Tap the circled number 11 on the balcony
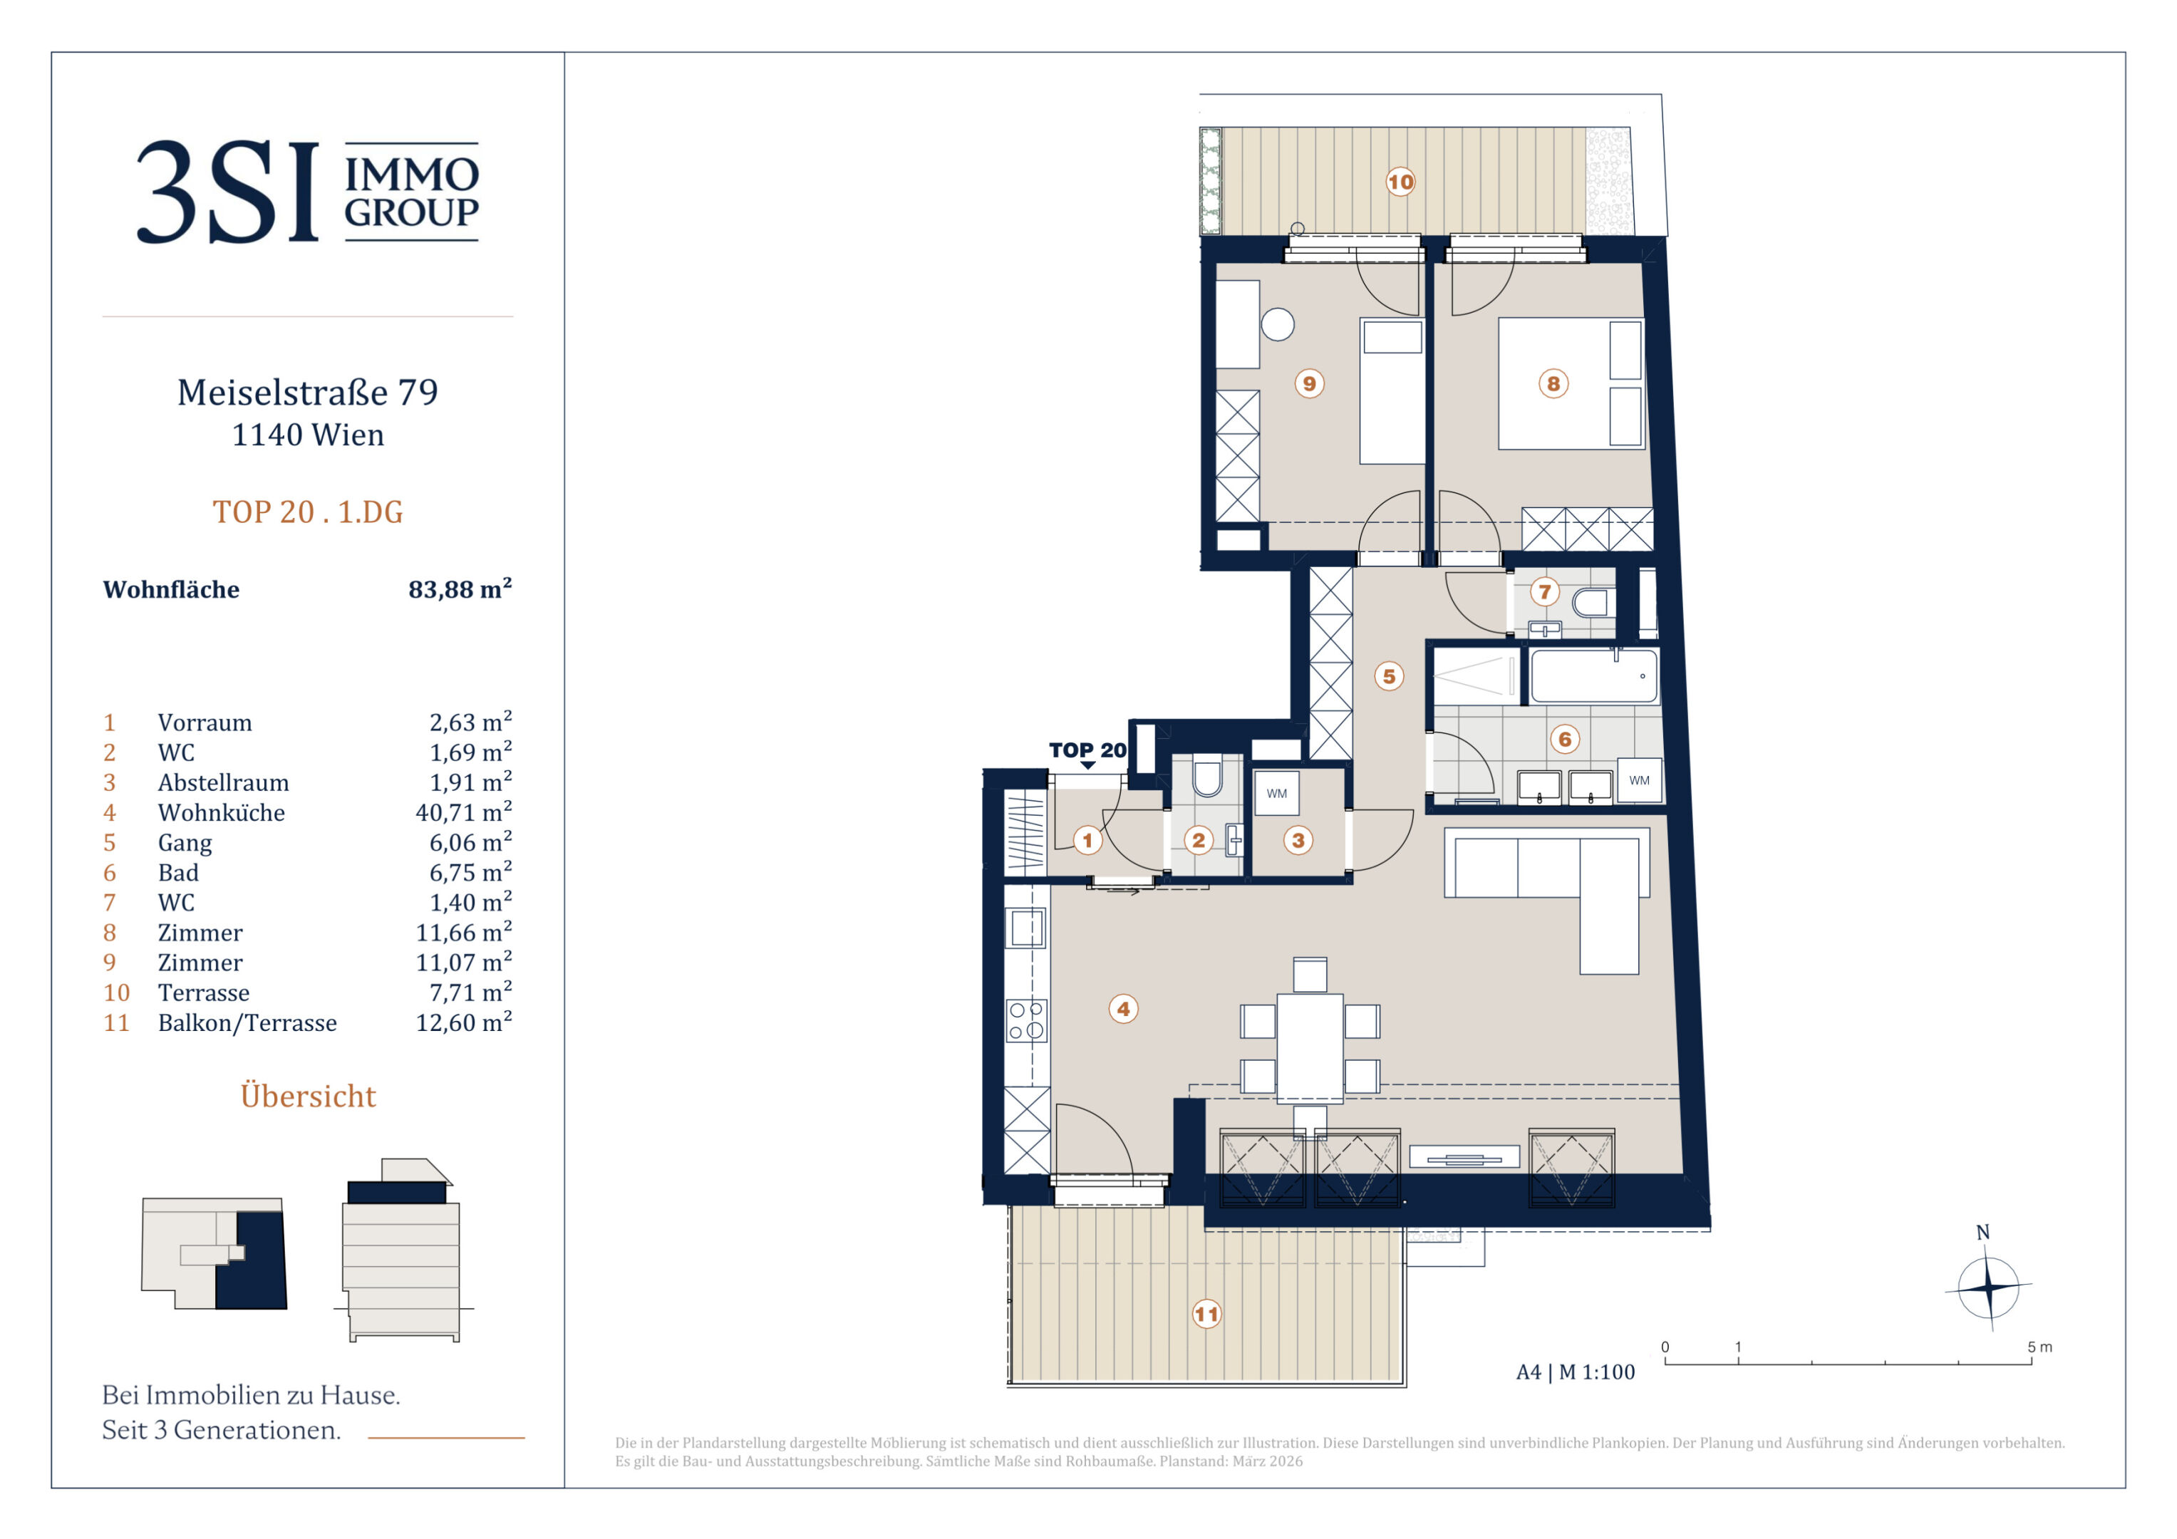pos(1206,1315)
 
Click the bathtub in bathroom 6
pos(1595,676)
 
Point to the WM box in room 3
pos(1276,793)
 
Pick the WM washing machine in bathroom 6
pos(1640,780)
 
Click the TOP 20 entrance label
pos(1087,750)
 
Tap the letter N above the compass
pos(1982,1232)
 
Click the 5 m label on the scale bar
pos(2039,1347)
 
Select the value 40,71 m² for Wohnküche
pos(464,812)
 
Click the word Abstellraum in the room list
pos(224,782)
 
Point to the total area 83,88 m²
pos(460,588)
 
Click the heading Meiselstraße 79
pos(308,392)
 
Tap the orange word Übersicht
pos(308,1095)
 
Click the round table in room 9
pos(1277,324)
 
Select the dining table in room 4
pos(1310,1049)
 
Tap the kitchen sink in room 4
pos(1027,928)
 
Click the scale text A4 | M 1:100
pos(1575,1372)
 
